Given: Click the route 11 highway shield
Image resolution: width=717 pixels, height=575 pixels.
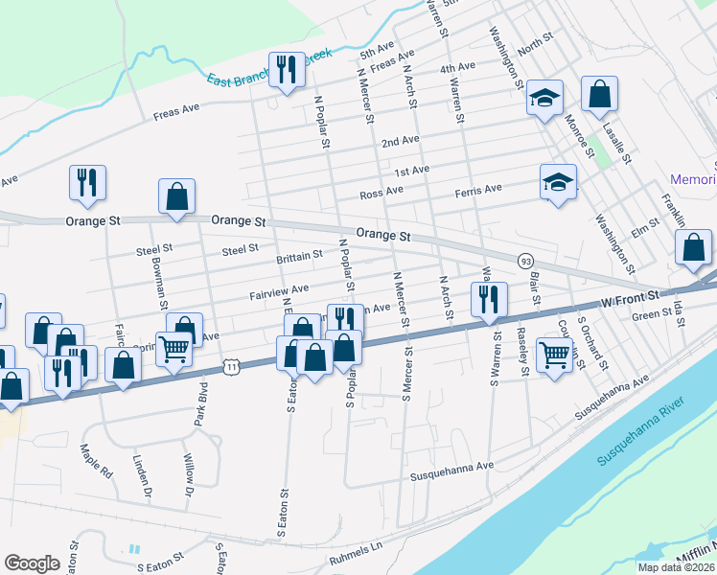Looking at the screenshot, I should [230, 365].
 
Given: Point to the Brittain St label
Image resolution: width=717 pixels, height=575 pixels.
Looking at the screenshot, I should [299, 257].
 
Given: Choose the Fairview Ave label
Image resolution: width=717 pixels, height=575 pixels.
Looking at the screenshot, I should [279, 288].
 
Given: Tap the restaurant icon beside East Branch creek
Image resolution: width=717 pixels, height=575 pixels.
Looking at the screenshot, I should [286, 71].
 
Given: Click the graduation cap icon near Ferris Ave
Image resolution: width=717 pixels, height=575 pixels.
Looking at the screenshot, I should [559, 183].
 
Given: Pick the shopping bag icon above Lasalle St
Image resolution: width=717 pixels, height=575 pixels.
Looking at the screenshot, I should [599, 95].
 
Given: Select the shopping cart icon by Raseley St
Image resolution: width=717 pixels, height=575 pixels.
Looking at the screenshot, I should [555, 355].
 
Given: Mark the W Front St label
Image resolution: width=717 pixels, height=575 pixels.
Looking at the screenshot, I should [634, 299].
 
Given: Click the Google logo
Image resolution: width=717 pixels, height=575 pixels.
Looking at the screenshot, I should [33, 563].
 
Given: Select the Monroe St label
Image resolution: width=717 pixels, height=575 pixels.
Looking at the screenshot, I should [581, 131].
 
